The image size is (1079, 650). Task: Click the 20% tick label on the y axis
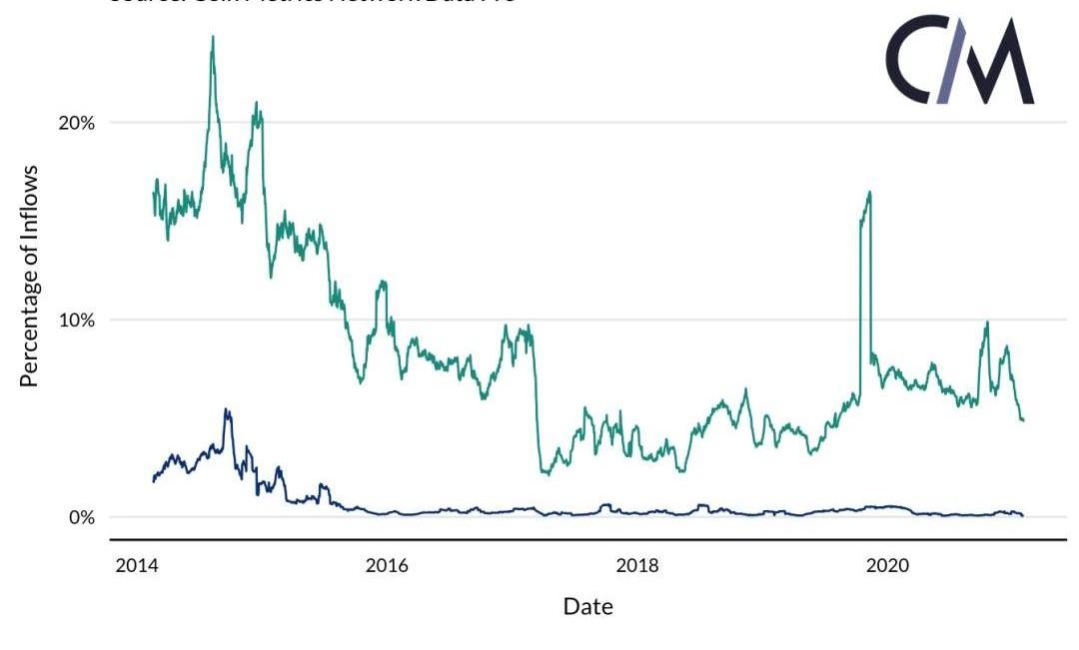click(75, 123)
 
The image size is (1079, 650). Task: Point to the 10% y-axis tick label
click(75, 321)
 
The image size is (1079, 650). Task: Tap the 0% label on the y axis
click(81, 517)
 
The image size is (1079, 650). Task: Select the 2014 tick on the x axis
click(138, 566)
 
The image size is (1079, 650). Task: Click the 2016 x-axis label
click(388, 566)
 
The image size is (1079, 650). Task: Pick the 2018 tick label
click(637, 566)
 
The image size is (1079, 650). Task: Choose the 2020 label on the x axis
click(887, 566)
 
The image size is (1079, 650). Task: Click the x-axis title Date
click(587, 606)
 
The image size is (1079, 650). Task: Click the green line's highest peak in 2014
click(212, 38)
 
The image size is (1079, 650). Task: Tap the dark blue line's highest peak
click(227, 409)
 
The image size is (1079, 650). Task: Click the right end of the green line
click(1023, 419)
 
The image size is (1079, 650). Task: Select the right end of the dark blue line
click(1023, 515)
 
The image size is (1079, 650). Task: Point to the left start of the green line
click(154, 193)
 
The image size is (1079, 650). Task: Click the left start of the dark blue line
click(154, 481)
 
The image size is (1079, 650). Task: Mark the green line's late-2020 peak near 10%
click(987, 323)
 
